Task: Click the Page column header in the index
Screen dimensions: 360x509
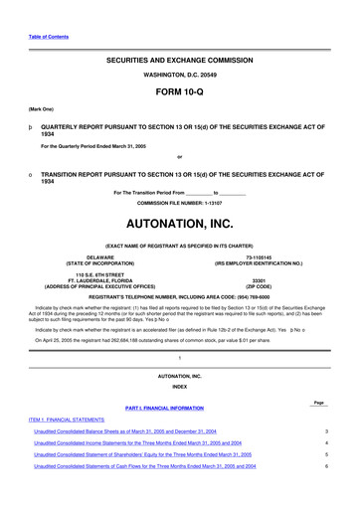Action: click(318, 402)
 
